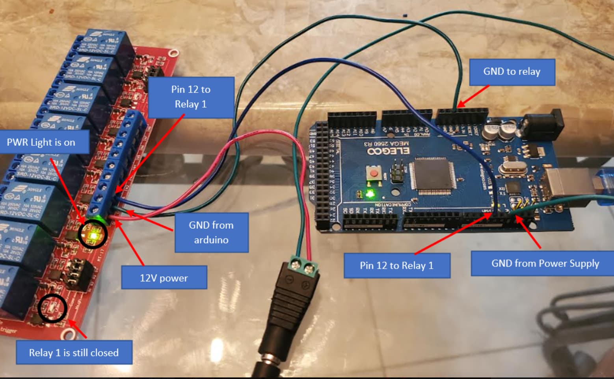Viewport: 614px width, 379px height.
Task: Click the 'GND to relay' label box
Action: pos(512,72)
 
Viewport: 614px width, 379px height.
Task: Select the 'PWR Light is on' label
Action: pos(41,142)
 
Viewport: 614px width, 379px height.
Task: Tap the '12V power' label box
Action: pos(164,278)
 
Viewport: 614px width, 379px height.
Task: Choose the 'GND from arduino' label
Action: pos(211,232)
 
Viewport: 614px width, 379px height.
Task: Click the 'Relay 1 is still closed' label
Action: pos(74,353)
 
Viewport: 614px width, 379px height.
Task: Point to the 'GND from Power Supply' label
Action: pos(545,263)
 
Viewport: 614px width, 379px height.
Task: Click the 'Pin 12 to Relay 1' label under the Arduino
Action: pos(396,266)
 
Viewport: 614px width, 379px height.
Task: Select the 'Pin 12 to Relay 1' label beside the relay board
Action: pos(191,97)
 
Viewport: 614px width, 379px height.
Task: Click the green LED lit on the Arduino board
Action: pos(370,193)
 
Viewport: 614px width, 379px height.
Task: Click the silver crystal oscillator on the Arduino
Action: pos(513,169)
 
